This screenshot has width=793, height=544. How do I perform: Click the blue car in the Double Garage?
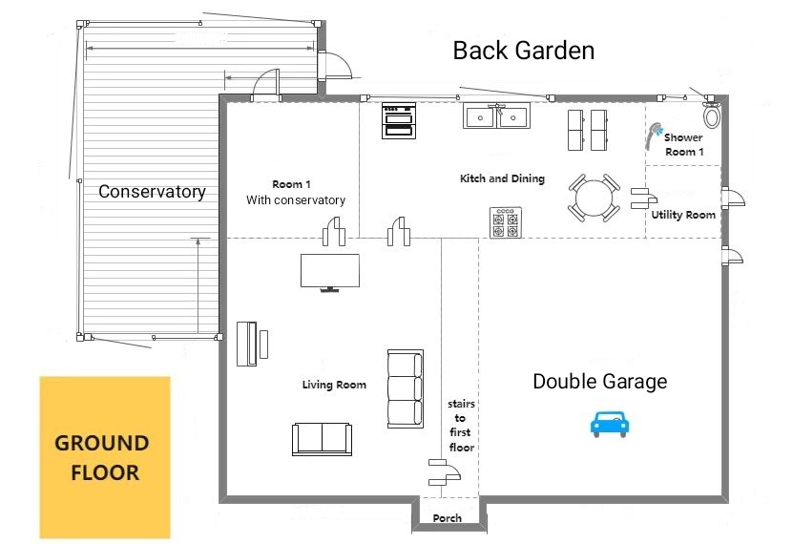click(610, 424)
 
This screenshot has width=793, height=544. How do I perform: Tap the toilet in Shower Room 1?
click(712, 115)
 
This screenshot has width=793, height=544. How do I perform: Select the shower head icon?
click(654, 135)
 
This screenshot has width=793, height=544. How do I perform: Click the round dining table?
click(595, 198)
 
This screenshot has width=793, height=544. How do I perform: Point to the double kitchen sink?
click(496, 115)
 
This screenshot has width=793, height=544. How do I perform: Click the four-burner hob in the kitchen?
click(506, 222)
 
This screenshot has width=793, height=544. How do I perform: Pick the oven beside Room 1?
click(399, 120)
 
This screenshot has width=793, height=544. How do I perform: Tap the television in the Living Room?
click(330, 273)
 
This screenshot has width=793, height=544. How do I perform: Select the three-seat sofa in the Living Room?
click(406, 388)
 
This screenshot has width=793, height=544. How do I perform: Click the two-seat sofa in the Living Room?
click(323, 439)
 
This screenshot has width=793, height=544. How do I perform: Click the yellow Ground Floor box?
click(105, 457)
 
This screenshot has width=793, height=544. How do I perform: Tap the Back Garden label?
click(524, 51)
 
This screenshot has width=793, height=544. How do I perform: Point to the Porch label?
click(447, 518)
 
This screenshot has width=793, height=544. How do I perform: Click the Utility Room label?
click(683, 215)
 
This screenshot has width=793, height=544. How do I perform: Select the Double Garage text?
click(600, 381)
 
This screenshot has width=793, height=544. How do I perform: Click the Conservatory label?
click(153, 192)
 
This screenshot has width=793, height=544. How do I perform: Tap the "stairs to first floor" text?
click(461, 426)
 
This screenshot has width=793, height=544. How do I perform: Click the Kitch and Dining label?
click(502, 178)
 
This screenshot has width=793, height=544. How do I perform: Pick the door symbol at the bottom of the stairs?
click(444, 472)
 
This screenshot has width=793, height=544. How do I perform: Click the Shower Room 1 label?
click(684, 145)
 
